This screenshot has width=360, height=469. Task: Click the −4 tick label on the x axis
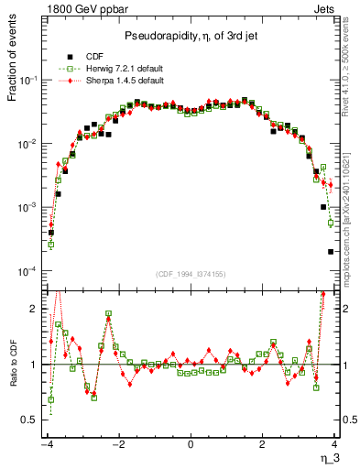46,444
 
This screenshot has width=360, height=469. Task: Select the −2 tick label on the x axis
117,444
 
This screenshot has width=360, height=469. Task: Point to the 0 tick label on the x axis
191,444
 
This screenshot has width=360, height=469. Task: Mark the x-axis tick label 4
334,444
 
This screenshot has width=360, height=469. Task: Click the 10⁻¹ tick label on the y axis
27,81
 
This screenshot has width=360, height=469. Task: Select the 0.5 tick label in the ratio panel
27,420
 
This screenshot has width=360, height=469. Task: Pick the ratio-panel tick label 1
33,365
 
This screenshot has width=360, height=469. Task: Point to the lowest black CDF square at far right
331,252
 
